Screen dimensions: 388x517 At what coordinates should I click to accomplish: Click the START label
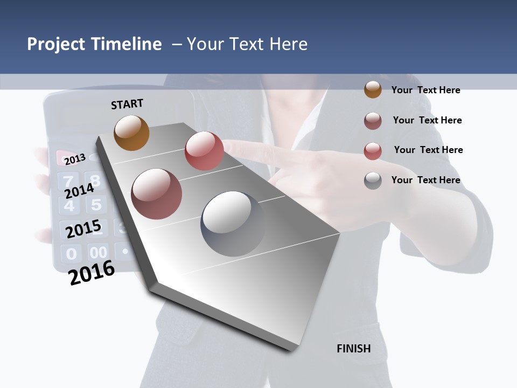click(127, 104)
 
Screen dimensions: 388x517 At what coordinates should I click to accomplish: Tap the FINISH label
click(353, 349)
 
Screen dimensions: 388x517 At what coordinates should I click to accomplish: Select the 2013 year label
click(75, 159)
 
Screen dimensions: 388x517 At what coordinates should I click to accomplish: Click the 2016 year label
click(92, 272)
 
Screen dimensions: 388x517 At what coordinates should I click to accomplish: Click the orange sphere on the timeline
click(131, 133)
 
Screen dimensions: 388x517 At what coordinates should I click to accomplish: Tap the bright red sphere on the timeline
click(204, 151)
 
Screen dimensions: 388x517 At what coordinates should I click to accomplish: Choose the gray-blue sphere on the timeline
click(233, 224)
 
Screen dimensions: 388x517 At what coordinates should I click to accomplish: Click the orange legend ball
click(373, 89)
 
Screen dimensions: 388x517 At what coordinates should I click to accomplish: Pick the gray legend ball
click(373, 181)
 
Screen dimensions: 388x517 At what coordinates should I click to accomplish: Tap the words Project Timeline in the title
click(94, 44)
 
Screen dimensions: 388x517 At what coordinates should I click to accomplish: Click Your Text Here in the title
click(247, 44)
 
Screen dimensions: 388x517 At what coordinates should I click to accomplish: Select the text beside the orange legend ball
click(425, 90)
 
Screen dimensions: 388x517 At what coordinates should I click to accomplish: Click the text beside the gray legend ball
click(425, 180)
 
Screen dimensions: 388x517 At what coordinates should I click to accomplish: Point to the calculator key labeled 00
click(98, 252)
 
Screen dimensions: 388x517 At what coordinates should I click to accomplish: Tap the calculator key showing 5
click(96, 205)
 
